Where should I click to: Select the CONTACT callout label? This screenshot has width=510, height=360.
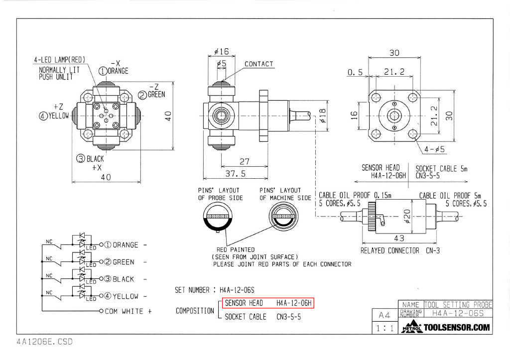coord(258,64)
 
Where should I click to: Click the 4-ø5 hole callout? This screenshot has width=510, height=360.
coord(435,149)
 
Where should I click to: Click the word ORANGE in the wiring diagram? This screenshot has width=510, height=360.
coord(126,245)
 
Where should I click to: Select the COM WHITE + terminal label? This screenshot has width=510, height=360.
coord(127,311)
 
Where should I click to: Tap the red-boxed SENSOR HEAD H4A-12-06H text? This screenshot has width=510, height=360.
coord(268,303)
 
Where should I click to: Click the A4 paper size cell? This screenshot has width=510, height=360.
coord(384,315)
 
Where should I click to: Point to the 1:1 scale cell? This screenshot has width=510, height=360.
coord(384,328)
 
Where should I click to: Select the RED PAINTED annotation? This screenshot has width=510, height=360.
coord(236,249)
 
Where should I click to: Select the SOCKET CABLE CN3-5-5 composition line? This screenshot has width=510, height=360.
coord(263,317)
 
